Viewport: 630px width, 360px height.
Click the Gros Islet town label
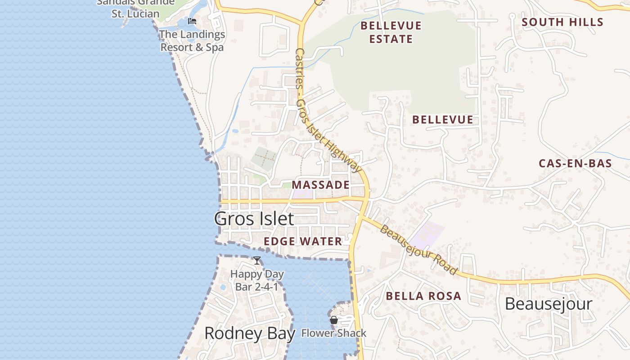tap(254, 219)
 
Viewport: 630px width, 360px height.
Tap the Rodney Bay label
tap(250, 333)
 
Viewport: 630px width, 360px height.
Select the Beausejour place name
tap(548, 304)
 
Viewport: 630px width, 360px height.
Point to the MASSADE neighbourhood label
tap(320, 185)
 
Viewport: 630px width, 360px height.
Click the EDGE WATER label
tap(303, 241)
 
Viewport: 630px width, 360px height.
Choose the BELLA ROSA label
tap(423, 296)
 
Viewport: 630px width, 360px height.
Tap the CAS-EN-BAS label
tap(575, 163)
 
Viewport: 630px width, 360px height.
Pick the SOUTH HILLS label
tap(562, 22)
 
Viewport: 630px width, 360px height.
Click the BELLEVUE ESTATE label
tap(391, 32)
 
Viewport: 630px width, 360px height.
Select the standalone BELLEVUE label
tap(443, 120)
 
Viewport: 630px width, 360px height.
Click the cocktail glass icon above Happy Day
tap(257, 261)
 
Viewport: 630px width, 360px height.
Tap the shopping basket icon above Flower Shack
tap(334, 320)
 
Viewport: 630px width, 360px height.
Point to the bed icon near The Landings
tap(192, 21)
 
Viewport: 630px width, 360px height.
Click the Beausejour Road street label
tap(418, 250)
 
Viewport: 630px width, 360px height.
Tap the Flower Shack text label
tap(333, 333)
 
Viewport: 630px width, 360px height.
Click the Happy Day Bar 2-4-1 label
tap(257, 280)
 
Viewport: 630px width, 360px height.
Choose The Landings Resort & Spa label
tap(192, 40)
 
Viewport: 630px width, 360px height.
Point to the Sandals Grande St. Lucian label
tap(135, 8)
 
